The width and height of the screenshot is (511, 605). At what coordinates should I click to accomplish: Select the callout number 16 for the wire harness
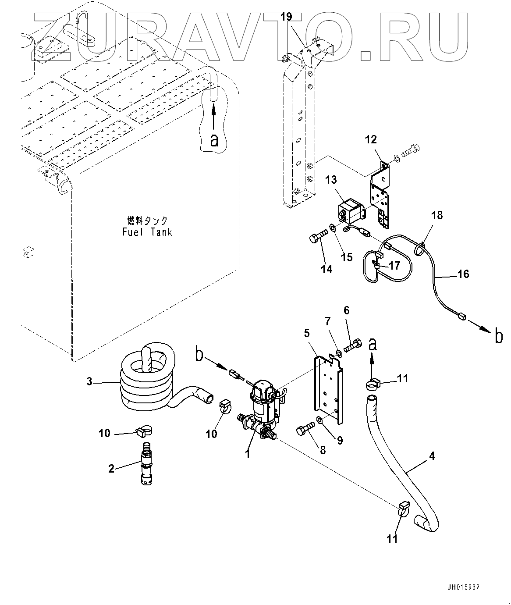[463, 274]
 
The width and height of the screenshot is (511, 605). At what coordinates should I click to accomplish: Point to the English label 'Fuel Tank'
[147, 232]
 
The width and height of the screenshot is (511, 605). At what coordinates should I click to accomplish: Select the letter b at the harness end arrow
[499, 336]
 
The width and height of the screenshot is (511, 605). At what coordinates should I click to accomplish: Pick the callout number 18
[437, 215]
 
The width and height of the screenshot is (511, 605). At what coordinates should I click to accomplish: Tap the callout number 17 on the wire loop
[394, 265]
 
